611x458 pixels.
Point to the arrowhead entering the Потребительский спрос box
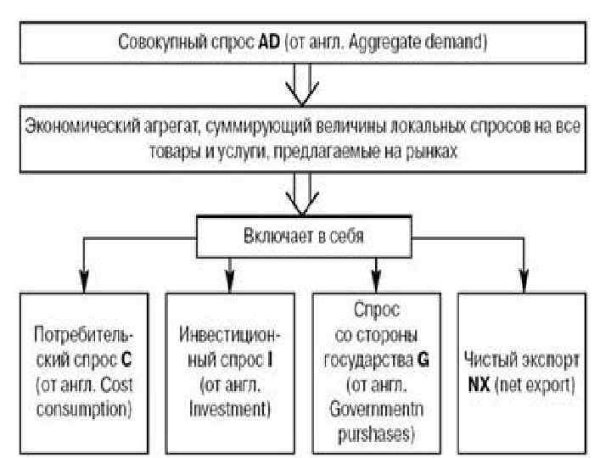[x=82, y=282]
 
